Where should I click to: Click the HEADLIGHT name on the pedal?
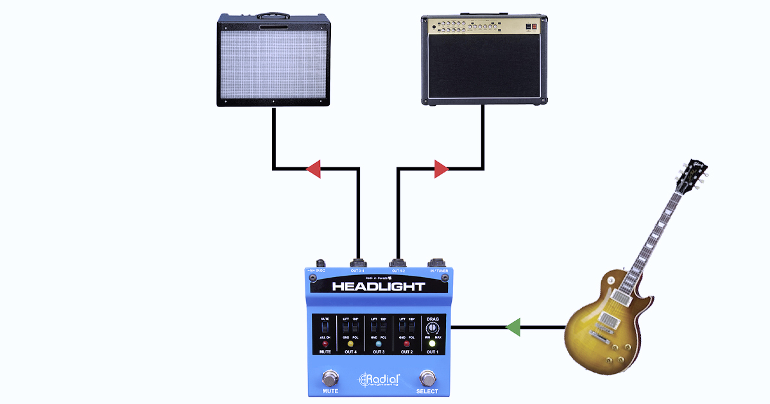(379, 287)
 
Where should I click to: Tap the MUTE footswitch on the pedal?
(330, 376)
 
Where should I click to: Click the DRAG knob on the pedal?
(432, 328)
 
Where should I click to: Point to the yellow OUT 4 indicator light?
(350, 344)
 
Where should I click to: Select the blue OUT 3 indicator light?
(379, 344)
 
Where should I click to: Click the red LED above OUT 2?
(406, 344)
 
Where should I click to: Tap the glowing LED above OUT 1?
(432, 344)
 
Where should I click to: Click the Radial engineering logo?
(380, 380)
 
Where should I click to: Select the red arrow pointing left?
(313, 169)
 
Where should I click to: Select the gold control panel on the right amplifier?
(483, 27)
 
